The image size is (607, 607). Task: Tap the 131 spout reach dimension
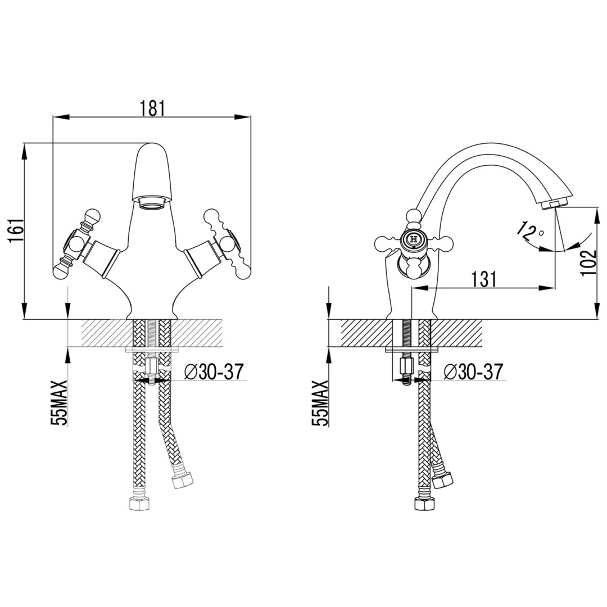484,279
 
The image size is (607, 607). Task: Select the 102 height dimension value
588,262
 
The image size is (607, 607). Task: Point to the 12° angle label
532,230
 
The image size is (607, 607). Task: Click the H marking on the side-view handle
413,239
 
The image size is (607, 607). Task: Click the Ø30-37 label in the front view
214,372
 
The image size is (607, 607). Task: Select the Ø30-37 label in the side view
473,372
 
